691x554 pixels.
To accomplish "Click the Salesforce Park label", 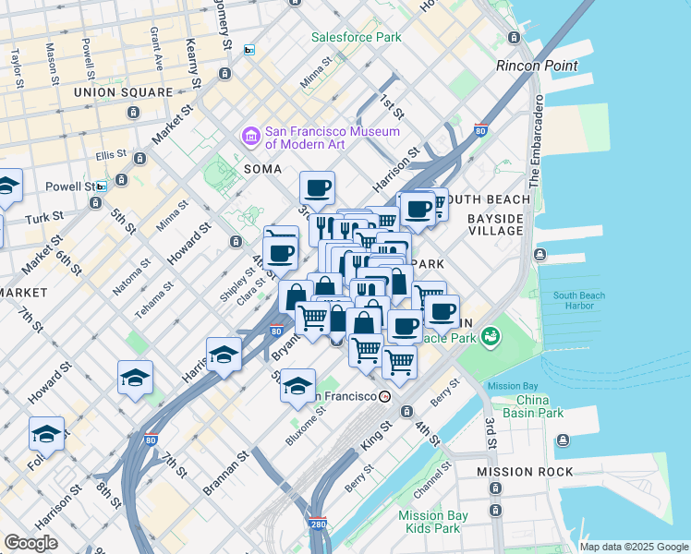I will [x=356, y=37].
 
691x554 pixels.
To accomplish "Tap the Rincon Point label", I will [x=537, y=66].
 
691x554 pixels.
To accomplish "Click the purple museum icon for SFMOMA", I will [x=250, y=137].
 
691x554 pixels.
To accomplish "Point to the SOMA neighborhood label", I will [x=261, y=169].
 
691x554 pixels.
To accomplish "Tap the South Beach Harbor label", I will [x=579, y=301].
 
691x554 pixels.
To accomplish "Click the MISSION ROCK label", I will [x=518, y=472].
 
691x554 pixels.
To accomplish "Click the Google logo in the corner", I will [x=30, y=543].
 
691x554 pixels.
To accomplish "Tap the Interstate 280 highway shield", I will [x=318, y=524].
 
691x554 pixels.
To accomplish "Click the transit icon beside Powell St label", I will [x=101, y=186].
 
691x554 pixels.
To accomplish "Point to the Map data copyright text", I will [x=635, y=547].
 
